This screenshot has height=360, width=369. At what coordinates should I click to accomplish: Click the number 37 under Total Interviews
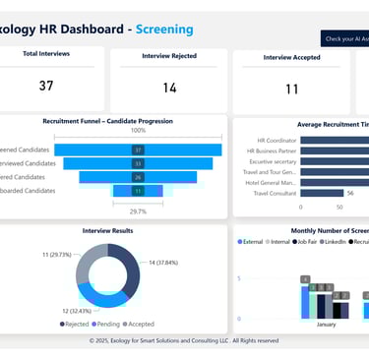click(x=46, y=86)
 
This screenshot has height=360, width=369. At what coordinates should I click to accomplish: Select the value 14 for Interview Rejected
click(x=169, y=88)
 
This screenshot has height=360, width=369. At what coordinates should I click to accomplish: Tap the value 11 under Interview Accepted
click(x=291, y=89)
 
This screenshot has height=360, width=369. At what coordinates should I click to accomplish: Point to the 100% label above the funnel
click(x=138, y=131)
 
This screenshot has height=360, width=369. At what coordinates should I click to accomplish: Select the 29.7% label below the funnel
click(x=138, y=210)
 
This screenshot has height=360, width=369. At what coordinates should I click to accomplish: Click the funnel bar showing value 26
click(x=138, y=177)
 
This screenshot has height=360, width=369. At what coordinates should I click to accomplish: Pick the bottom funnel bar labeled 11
click(x=138, y=191)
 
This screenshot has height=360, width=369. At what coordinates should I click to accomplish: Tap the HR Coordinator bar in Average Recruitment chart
click(x=335, y=140)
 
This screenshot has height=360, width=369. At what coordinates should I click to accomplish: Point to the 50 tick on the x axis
click(x=340, y=207)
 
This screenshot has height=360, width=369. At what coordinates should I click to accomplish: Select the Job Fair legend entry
click(x=309, y=241)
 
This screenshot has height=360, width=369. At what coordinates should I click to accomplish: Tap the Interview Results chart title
click(x=110, y=230)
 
